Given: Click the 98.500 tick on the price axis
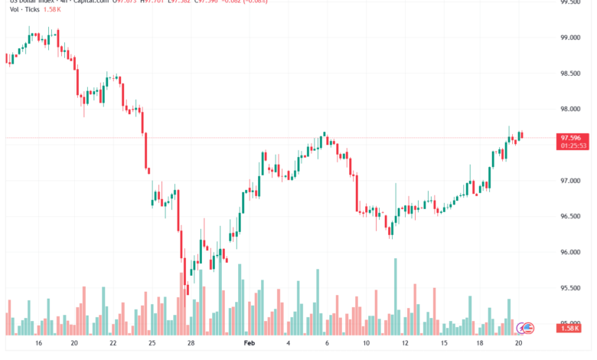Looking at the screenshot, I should click(x=568, y=74).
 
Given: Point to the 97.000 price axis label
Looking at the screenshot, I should click(x=568, y=181).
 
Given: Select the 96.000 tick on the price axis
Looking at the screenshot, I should click(x=568, y=252).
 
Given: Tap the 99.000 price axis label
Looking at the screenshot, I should click(x=568, y=38).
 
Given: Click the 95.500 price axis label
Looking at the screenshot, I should click(x=568, y=288).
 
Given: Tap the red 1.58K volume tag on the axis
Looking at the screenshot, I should click(x=568, y=329).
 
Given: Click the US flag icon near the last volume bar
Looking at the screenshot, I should click(x=527, y=328).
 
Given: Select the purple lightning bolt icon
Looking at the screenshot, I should click(x=520, y=328).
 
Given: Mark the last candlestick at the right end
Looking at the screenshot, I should click(x=521, y=136).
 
